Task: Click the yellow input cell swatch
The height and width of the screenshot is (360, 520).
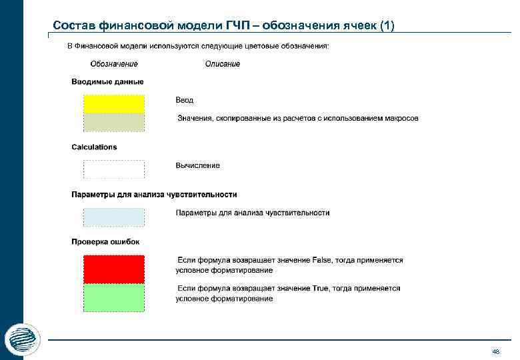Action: [113, 103]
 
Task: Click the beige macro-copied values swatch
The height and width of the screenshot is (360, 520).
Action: [113, 122]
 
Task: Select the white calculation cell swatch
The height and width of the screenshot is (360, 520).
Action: [113, 169]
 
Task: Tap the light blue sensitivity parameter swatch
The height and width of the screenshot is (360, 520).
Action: [113, 217]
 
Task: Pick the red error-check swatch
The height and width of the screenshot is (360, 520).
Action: [113, 269]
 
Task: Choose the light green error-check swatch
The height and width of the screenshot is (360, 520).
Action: [113, 298]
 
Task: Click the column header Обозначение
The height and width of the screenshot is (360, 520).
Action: [114, 64]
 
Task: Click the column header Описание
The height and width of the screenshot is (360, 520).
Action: [223, 64]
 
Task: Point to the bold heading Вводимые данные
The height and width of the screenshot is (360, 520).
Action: [107, 82]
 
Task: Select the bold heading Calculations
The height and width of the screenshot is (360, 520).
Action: [94, 147]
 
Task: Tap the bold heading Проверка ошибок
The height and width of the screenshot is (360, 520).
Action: [105, 241]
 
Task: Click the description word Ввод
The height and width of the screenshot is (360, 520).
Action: [185, 100]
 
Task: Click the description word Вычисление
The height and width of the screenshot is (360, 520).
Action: [197, 165]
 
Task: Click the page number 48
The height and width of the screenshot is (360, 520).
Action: [495, 351]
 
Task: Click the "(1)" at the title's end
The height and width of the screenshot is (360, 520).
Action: [387, 26]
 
